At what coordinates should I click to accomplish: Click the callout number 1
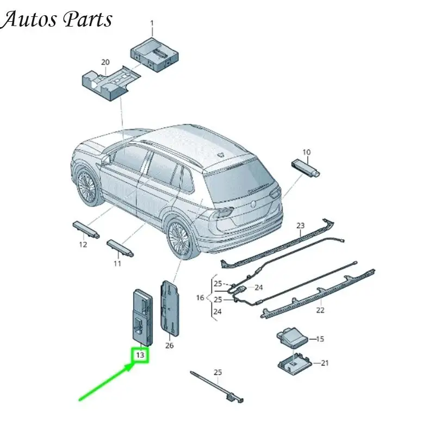pyautogui.click(x=152, y=24)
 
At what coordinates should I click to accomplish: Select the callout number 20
pyautogui.click(x=105, y=62)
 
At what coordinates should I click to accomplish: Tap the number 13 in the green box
pyautogui.click(x=140, y=355)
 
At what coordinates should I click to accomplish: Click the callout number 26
pyautogui.click(x=169, y=345)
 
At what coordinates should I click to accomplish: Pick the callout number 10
pyautogui.click(x=306, y=152)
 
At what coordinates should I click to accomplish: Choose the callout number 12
pyautogui.click(x=83, y=244)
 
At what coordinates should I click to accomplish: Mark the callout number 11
pyautogui.click(x=117, y=263)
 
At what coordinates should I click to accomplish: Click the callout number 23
pyautogui.click(x=301, y=226)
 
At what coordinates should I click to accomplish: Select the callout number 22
pyautogui.click(x=320, y=310)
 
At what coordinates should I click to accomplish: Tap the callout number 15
pyautogui.click(x=320, y=339)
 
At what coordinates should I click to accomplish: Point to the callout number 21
pyautogui.click(x=325, y=363)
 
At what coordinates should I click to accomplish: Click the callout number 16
pyautogui.click(x=200, y=297)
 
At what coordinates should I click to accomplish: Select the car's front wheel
pyautogui.click(x=86, y=187)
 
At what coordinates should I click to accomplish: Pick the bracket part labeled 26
pyautogui.click(x=170, y=308)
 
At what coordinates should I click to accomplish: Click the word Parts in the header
pyautogui.click(x=88, y=19)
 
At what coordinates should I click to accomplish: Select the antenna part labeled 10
pyautogui.click(x=306, y=167)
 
